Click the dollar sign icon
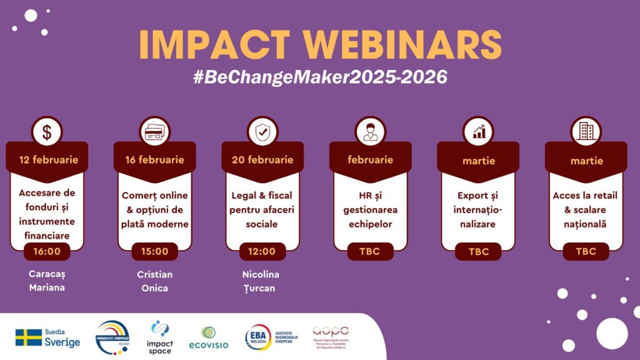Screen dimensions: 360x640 (47, 132)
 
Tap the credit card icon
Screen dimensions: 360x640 (154, 132)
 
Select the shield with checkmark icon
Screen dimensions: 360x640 (262, 132)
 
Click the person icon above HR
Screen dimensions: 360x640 (370, 132)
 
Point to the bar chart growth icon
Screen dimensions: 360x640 (478, 132)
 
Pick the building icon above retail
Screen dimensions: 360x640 (586, 132)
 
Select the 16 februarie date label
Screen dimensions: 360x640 (154, 160)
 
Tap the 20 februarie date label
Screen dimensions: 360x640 (262, 160)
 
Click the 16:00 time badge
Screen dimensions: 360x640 (47, 251)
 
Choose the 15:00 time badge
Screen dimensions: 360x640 (154, 251)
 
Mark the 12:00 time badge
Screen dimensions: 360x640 (262, 251)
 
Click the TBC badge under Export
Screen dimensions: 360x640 (478, 252)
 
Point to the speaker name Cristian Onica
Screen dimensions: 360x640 (154, 281)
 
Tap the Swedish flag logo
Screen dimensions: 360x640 (29, 337)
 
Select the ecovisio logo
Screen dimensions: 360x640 (208, 338)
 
